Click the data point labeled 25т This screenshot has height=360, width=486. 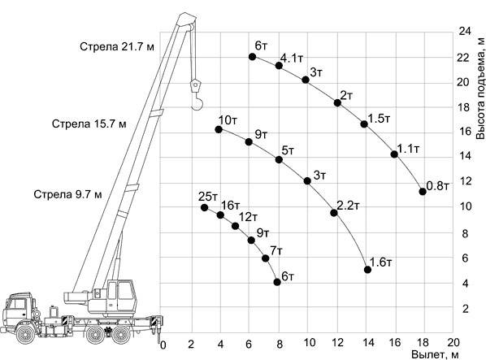coord(204,207)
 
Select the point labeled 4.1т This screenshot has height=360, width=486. coord(279,65)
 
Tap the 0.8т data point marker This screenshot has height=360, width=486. coord(423,192)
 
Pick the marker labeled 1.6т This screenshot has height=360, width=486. coord(367,270)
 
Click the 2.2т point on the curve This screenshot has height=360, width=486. coord(334,213)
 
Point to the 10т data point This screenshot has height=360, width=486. coord(219,129)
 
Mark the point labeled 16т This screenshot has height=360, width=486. coord(220,215)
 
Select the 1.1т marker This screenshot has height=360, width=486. coord(394,154)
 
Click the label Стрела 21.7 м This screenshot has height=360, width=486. coord(117,47)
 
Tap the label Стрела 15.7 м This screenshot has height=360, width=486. coord(89,124)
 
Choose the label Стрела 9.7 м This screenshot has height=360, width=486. coord(68,194)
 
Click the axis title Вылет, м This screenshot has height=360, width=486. coord(435,354)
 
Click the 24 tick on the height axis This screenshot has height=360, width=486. coord(465,32)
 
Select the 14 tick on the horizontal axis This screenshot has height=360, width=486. coord(367,343)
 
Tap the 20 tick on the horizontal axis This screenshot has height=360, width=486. coord(453,343)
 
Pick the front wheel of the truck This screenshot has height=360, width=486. coord(25,334)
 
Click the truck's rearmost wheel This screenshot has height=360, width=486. coord(122,335)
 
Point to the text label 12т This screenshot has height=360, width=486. coord(248,217)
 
